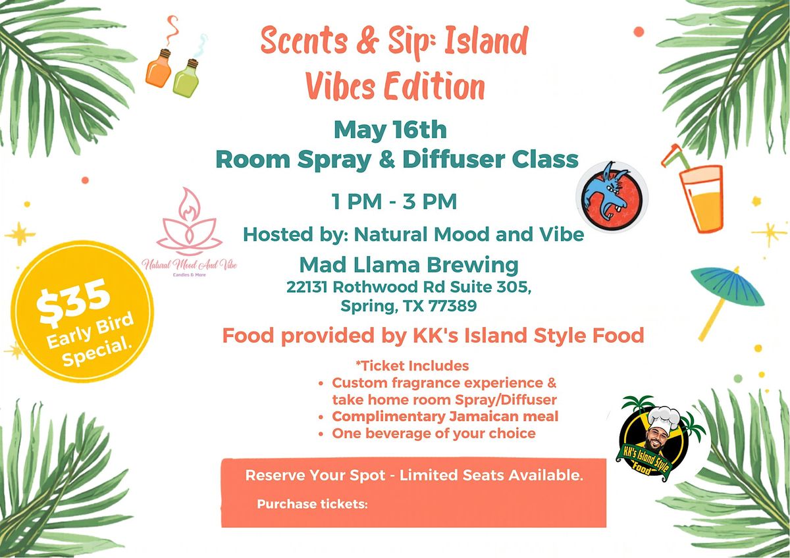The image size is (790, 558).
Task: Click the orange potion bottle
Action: tap(159, 68)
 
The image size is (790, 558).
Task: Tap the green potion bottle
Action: tap(186, 77)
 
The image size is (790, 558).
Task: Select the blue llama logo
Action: tap(612, 197)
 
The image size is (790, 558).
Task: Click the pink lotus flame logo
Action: tap(190, 222)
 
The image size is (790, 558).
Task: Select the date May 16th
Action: tap(390, 130)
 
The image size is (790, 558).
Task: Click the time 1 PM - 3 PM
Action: tap(394, 201)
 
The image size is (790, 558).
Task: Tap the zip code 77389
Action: tap(452, 305)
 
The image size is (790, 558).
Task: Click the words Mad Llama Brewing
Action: tap(409, 265)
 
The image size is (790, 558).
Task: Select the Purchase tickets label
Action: tap(312, 504)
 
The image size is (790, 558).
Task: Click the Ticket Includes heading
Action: tap(413, 366)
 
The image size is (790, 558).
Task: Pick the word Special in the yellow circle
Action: tap(97, 353)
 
